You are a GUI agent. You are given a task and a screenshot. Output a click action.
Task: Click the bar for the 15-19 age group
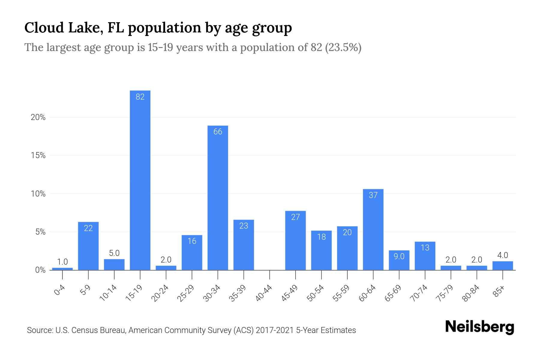(140, 180)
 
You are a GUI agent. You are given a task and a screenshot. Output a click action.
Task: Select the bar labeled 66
(218, 198)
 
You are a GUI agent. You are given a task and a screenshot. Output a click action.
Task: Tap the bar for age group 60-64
(373, 229)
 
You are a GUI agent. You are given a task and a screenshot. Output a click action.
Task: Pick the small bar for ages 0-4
(62, 269)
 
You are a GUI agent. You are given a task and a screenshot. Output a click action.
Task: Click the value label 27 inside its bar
(295, 217)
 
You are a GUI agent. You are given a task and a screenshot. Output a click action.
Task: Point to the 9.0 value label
(399, 256)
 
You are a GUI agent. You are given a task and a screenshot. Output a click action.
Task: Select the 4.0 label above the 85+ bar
(502, 255)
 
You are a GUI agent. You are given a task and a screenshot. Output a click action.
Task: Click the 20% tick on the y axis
(38, 117)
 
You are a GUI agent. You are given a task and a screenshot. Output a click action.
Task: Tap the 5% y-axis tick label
(40, 232)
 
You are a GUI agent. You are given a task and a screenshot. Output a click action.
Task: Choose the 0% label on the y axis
(40, 270)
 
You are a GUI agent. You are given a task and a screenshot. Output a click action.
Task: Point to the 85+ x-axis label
(499, 292)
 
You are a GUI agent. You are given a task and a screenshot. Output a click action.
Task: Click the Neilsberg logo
(479, 327)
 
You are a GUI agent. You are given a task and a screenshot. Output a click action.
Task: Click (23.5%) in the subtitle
(343, 47)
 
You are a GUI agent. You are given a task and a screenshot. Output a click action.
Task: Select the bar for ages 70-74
(425, 256)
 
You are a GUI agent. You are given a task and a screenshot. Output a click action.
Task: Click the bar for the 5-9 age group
(88, 246)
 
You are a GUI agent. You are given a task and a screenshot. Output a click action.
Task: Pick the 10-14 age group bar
(114, 265)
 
